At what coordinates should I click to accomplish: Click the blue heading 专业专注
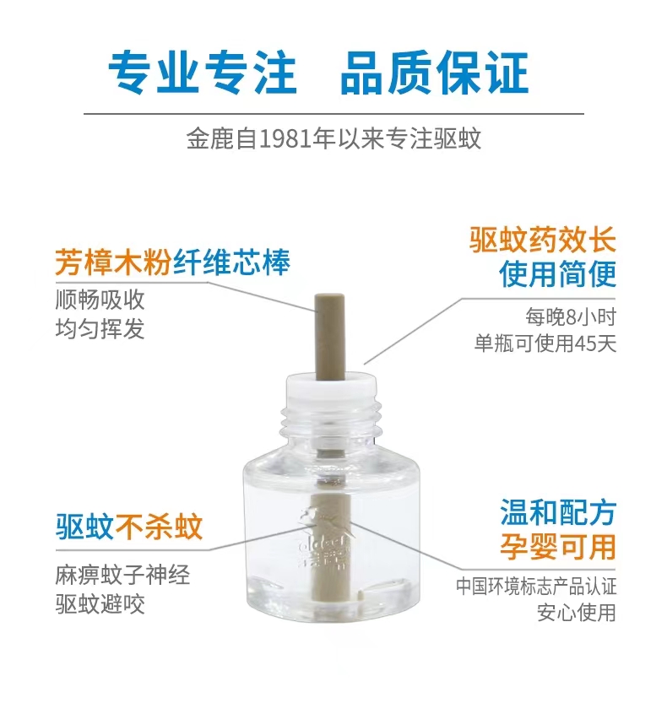pyautogui.click(x=203, y=73)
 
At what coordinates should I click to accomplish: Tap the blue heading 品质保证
pyautogui.click(x=434, y=73)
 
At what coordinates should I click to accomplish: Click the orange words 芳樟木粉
pyautogui.click(x=113, y=262)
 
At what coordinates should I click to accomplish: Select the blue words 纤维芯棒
pyautogui.click(x=231, y=262)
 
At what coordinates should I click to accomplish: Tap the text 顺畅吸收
pyautogui.click(x=100, y=299)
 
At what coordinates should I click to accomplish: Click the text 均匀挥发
pyautogui.click(x=100, y=328)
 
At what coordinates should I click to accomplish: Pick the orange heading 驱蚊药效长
pyautogui.click(x=542, y=240)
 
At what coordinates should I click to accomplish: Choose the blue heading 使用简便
pyautogui.click(x=557, y=273)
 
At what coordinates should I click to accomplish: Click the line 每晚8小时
pyautogui.click(x=571, y=317)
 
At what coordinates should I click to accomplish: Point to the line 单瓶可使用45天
pyautogui.click(x=545, y=343)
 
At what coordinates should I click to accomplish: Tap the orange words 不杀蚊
pyautogui.click(x=160, y=527)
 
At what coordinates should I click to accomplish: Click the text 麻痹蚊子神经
pyautogui.click(x=122, y=575)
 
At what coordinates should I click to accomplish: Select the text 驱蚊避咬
pyautogui.click(x=100, y=604)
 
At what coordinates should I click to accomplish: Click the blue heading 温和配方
pyautogui.click(x=558, y=512)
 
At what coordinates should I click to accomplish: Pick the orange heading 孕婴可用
pyautogui.click(x=558, y=547)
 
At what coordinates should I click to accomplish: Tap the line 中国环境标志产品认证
pyautogui.click(x=536, y=587)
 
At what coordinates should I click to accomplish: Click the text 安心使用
pyautogui.click(x=577, y=613)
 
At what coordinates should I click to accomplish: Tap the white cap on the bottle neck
pyautogui.click(x=331, y=388)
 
